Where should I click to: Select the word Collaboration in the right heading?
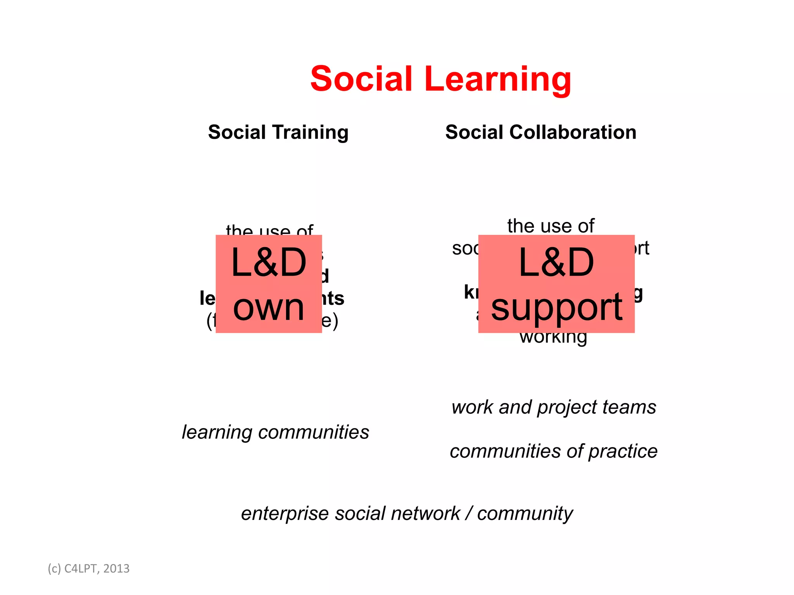573,132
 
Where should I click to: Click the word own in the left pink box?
268,308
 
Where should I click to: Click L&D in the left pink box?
268,263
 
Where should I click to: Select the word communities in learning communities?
314,432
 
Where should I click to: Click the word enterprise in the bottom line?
284,514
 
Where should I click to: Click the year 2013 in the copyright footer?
116,569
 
